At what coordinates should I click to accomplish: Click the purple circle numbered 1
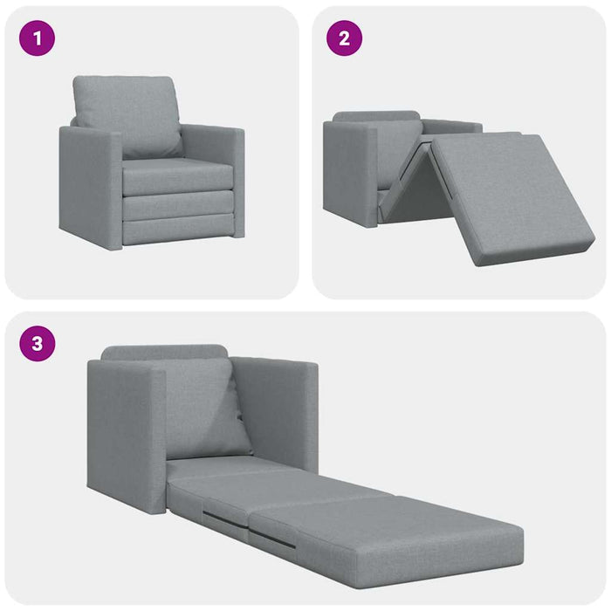click(37, 38)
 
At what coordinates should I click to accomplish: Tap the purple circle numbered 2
click(344, 38)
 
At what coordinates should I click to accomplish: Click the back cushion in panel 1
click(127, 113)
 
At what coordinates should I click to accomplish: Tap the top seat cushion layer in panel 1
click(177, 176)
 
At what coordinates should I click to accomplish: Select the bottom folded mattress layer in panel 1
click(177, 231)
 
